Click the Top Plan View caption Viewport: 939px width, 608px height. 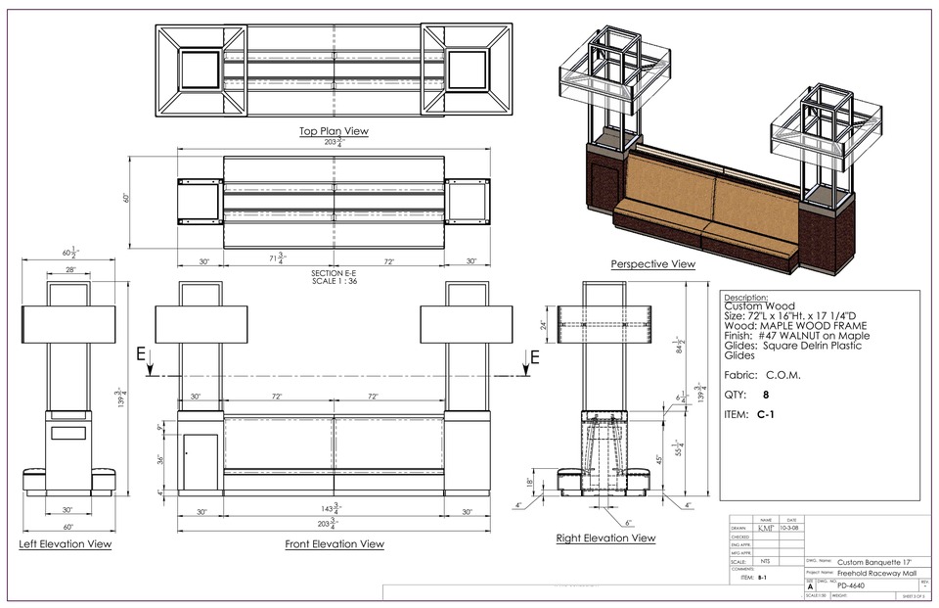(x=334, y=131)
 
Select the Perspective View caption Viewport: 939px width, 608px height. (x=652, y=264)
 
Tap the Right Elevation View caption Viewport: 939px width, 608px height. (x=605, y=538)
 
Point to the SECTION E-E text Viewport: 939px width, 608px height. (x=334, y=272)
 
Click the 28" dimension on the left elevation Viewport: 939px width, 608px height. (x=70, y=269)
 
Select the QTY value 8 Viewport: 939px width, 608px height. (x=765, y=396)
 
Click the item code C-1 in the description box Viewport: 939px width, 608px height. (x=767, y=415)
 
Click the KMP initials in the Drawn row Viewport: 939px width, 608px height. (x=765, y=528)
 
